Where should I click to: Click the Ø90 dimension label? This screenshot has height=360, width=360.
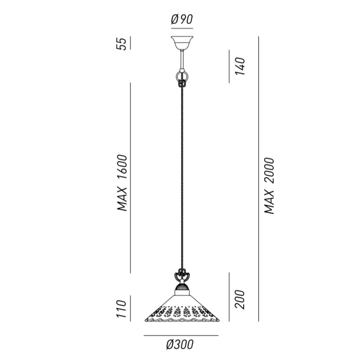tap(182, 19)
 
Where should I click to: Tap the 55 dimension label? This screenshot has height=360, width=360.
tap(122, 44)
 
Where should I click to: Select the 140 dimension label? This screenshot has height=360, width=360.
tap(240, 66)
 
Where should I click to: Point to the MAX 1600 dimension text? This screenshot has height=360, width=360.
tap(122, 183)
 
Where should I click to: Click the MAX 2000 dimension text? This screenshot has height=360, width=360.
tap(269, 186)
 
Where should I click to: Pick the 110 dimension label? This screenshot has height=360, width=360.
tap(122, 309)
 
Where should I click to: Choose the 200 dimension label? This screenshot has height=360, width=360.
tap(240, 299)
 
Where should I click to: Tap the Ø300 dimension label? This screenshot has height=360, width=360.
tap(180, 345)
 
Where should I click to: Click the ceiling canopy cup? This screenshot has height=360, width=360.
tap(182, 43)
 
